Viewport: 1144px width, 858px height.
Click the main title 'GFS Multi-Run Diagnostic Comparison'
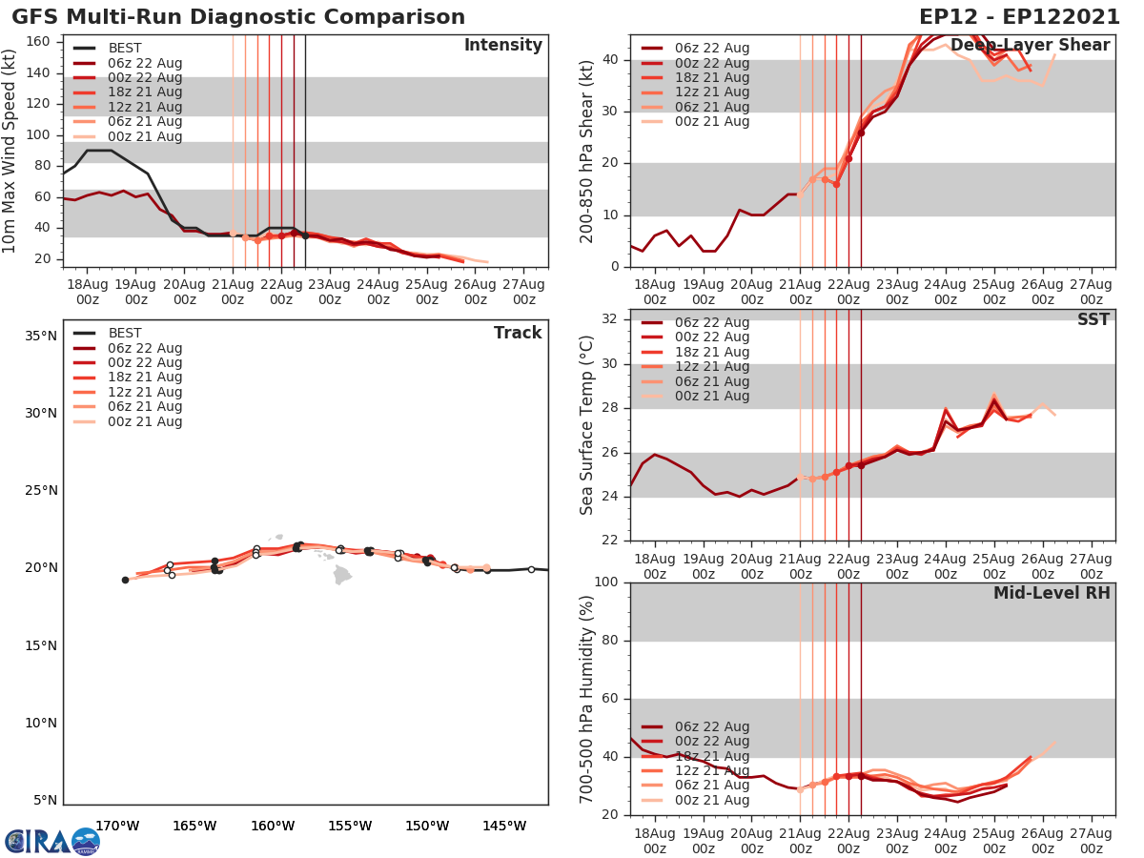point(238,17)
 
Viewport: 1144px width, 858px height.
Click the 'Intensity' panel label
point(502,46)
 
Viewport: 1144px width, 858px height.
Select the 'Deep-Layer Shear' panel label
point(1030,46)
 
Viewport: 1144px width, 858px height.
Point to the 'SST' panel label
point(1093,320)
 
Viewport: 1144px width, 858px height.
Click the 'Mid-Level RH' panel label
point(1051,593)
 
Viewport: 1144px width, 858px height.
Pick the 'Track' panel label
point(517,333)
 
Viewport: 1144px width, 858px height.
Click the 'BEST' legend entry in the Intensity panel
point(125,49)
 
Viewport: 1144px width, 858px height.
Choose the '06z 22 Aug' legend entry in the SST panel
point(711,322)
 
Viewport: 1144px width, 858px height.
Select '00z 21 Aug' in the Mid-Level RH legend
point(711,800)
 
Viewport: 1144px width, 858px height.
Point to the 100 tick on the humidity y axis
point(606,582)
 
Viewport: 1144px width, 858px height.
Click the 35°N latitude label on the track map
point(40,336)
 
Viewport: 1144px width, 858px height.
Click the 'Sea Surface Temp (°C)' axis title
point(588,425)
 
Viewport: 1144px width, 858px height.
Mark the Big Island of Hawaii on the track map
point(342,574)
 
